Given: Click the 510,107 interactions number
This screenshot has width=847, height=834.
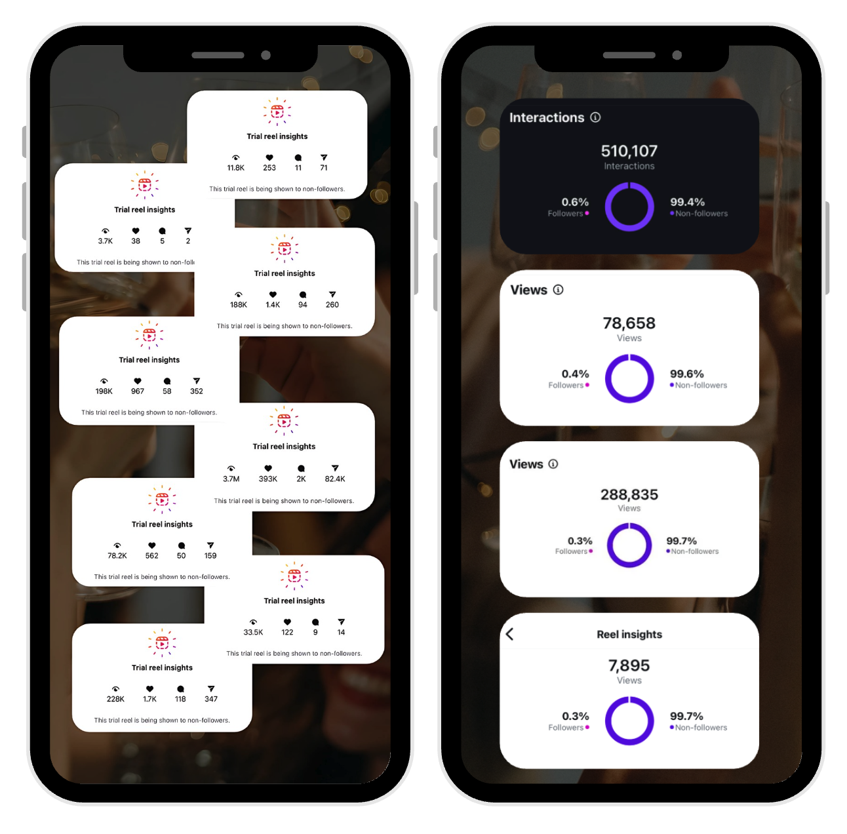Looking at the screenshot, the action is tap(629, 151).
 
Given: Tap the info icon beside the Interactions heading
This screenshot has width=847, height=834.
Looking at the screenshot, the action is tap(595, 117).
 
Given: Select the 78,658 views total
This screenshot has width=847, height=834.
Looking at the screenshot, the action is tap(629, 323).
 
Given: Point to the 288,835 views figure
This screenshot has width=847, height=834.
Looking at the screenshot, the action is tap(629, 494).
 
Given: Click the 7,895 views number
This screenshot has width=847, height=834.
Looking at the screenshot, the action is tap(629, 665).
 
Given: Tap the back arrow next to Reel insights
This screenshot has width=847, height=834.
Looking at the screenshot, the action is tap(510, 634).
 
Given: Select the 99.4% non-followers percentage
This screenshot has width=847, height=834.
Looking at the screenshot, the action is tap(687, 202).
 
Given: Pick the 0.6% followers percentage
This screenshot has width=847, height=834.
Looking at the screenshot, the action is tap(575, 202).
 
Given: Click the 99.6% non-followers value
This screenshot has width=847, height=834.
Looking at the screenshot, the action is tap(686, 374).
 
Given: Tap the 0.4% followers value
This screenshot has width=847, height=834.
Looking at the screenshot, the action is tap(575, 374).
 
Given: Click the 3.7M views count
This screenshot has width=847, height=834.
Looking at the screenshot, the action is tap(231, 479).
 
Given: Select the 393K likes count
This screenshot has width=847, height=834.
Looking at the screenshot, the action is tap(267, 479).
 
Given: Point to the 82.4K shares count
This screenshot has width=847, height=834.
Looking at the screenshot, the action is tap(334, 479).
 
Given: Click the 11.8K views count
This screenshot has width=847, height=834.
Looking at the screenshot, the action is tap(235, 167).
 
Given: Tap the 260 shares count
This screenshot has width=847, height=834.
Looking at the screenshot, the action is tap(332, 305).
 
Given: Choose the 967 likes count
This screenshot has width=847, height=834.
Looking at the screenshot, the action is tap(137, 391).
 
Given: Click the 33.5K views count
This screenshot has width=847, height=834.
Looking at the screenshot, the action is tap(253, 632).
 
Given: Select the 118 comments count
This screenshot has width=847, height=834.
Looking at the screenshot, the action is tap(180, 699).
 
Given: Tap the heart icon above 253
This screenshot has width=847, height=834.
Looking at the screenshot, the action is tap(269, 157).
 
